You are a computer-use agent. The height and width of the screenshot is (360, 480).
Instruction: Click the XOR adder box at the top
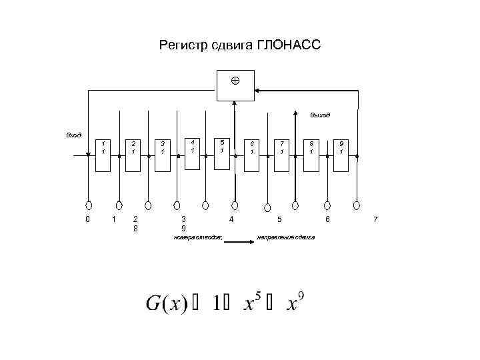235,84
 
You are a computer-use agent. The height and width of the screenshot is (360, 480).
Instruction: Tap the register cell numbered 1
103,154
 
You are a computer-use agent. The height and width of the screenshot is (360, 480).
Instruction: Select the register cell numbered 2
133,154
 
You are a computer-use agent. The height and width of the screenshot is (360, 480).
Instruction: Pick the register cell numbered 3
163,154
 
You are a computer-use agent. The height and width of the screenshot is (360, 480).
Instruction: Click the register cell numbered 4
193,153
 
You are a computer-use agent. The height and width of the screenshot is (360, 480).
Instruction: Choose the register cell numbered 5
222,153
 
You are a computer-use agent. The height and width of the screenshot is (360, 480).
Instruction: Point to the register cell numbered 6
252,154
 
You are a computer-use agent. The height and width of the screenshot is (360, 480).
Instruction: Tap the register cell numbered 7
282,154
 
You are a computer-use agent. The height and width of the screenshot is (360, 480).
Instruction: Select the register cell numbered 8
311,154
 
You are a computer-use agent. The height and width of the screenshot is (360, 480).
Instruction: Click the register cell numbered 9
341,154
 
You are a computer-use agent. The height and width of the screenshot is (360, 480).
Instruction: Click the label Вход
73,135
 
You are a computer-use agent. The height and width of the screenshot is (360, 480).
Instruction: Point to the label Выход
320,115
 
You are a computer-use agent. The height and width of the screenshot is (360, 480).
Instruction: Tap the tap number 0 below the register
88,219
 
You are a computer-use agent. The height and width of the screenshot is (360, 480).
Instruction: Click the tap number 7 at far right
375,219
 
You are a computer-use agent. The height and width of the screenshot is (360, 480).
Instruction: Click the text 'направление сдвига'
285,238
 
